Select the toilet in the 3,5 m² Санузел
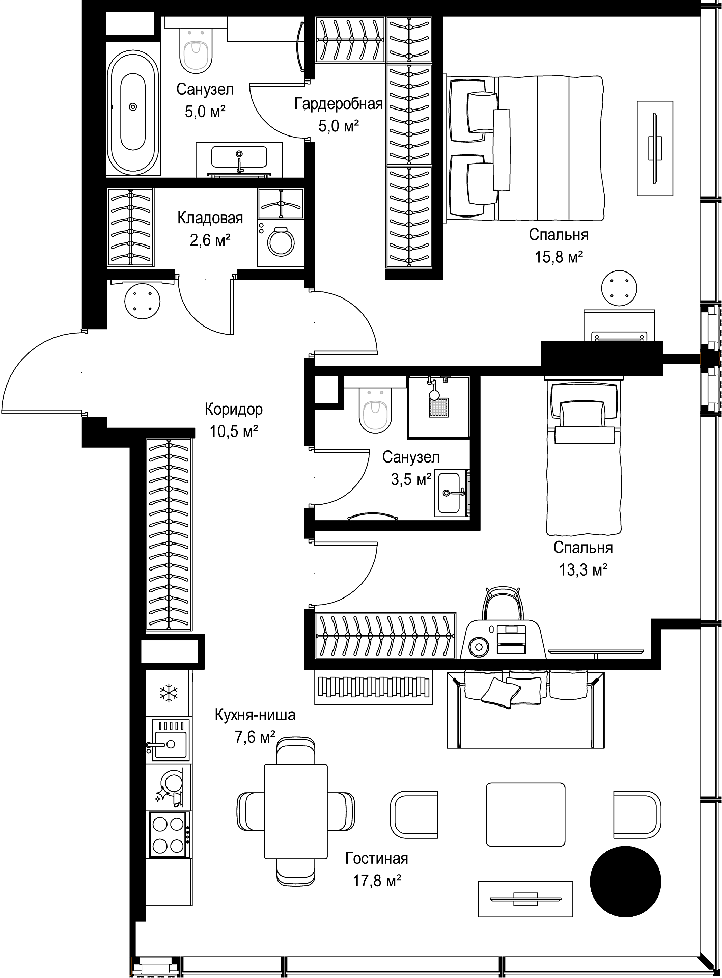tap(375, 410)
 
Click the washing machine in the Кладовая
tap(281, 243)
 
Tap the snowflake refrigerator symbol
tap(168, 693)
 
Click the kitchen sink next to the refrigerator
tap(168, 740)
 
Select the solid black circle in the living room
tap(625, 881)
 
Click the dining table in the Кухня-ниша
tap(296, 810)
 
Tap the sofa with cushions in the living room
tap(525, 709)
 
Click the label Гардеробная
tap(339, 104)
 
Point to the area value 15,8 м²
tap(559, 257)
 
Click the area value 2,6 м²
tap(210, 239)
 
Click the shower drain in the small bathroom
tap(438, 407)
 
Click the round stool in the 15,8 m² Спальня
tap(619, 289)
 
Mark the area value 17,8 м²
tap(377, 881)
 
